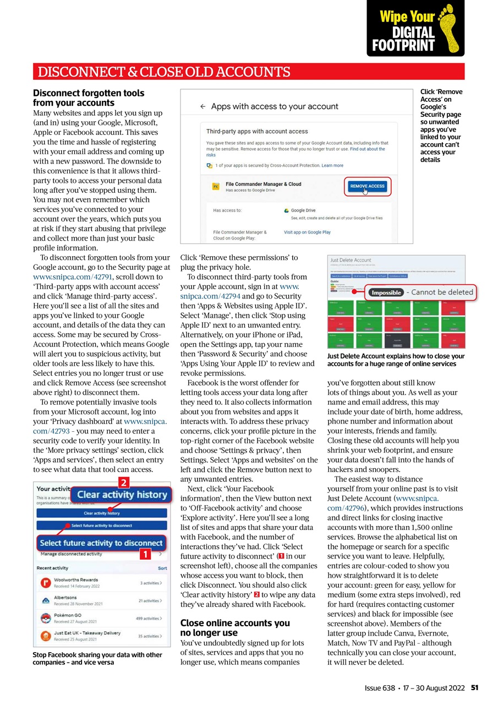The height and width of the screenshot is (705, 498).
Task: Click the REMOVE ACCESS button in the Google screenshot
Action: point(368,186)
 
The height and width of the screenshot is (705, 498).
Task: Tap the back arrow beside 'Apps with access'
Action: point(203,106)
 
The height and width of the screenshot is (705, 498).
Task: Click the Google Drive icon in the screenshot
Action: point(287,210)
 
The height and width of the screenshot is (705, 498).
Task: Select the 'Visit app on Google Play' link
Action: point(307,232)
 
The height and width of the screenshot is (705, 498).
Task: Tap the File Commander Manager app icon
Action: point(216,187)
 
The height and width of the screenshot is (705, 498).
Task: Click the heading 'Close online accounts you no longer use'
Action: point(235,628)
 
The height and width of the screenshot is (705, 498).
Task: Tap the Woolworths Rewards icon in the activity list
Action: point(45,583)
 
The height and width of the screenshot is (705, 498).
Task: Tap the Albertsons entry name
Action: point(65,598)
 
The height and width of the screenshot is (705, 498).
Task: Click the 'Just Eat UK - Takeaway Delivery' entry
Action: point(87,633)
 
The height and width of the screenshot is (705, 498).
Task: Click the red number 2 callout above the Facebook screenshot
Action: point(124,483)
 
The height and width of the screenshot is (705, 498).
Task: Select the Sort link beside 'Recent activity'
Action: point(162,568)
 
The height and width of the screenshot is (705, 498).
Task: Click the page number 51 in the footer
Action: point(474,688)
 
